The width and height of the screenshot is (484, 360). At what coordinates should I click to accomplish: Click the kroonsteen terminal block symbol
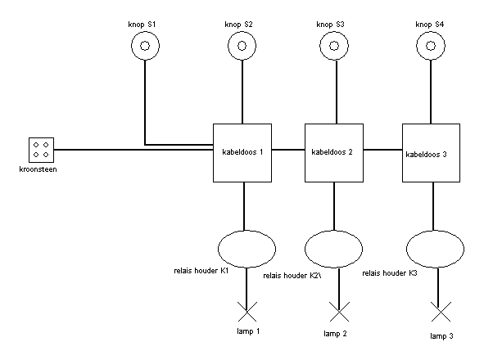click(x=42, y=150)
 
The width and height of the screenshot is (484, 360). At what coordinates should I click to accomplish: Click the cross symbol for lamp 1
click(x=247, y=312)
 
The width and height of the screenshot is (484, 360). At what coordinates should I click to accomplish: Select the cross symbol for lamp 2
click(x=339, y=312)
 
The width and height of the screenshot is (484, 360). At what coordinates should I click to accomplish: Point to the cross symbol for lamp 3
click(x=441, y=312)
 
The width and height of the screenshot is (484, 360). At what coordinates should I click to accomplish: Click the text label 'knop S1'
click(x=142, y=25)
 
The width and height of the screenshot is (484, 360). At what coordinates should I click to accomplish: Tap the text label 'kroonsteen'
click(x=38, y=169)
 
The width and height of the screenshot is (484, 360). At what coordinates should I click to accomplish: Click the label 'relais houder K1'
click(x=201, y=271)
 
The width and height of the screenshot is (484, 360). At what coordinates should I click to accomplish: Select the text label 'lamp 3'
click(x=441, y=336)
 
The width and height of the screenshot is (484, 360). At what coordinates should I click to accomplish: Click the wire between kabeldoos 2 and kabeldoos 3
click(x=382, y=150)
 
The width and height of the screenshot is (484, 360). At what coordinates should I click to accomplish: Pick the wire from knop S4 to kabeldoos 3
click(x=431, y=92)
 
